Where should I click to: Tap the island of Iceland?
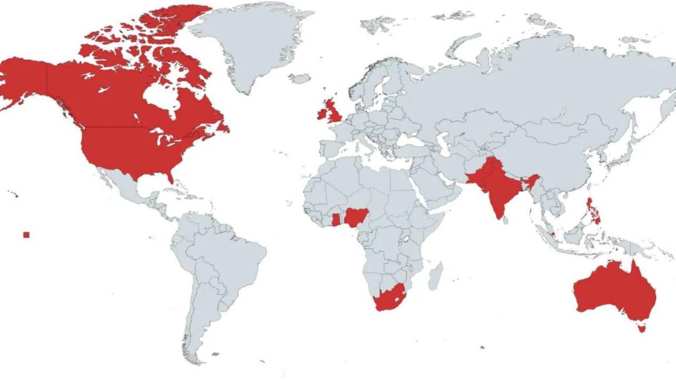click(300, 78)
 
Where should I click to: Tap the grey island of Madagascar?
click(435, 276)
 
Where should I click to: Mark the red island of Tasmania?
click(641, 328)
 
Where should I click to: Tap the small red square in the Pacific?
click(26, 235)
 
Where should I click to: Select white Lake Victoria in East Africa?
click(405, 240)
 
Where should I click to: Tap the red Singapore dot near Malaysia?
click(553, 234)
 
